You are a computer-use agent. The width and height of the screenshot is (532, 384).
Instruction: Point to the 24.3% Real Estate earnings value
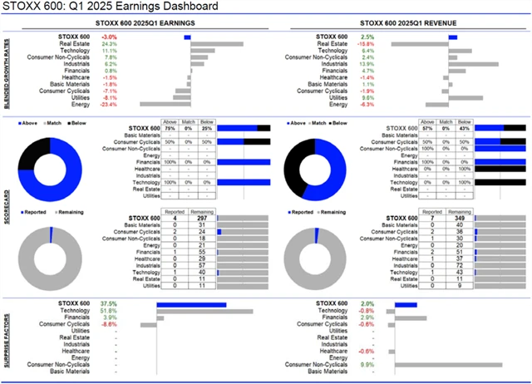coord(108,44)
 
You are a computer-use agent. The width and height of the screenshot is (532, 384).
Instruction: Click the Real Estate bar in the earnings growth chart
coord(216,44)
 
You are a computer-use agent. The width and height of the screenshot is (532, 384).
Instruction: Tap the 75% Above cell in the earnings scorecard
coord(169,127)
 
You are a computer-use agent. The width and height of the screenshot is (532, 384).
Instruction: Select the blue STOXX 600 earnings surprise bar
coord(191,304)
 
